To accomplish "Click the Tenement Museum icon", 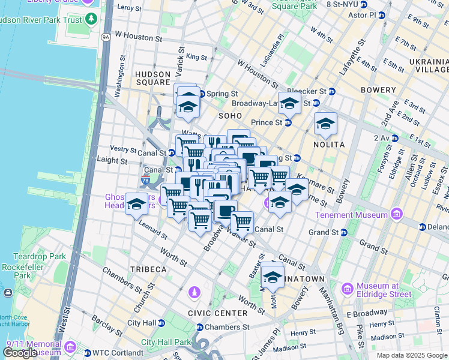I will [x=396, y=214].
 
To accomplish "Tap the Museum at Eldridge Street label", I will [x=384, y=290].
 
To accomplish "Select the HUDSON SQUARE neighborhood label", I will [x=153, y=78].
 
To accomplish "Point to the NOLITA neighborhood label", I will [x=328, y=145].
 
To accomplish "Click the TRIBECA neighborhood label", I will [x=146, y=269].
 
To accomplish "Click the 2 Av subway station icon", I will [x=394, y=138].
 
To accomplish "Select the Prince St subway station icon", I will [x=288, y=122].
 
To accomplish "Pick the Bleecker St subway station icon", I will [x=331, y=91].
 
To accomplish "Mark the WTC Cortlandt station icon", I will [x=87, y=352].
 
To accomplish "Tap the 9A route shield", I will [x=106, y=37].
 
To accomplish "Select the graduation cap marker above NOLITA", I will [x=325, y=124].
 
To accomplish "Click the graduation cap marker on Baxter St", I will [x=273, y=277].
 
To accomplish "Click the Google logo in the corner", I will [x=19, y=353].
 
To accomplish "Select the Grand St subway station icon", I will [x=344, y=232].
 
